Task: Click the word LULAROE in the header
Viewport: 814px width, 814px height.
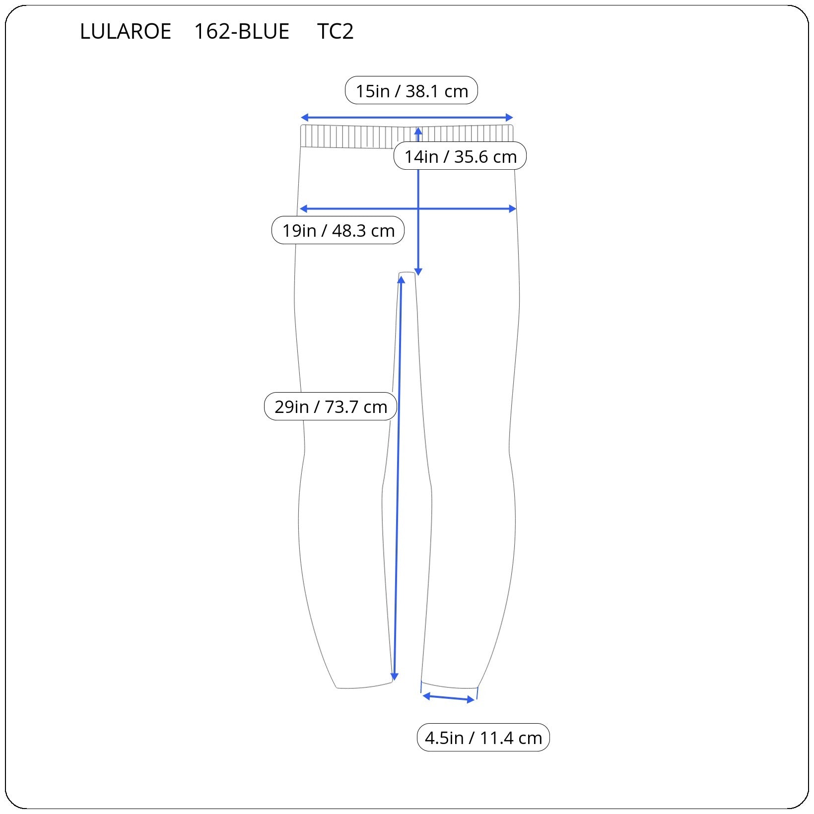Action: pyautogui.click(x=125, y=32)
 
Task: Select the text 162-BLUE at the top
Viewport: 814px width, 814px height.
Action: pyautogui.click(x=241, y=32)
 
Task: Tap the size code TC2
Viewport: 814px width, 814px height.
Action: pyautogui.click(x=335, y=32)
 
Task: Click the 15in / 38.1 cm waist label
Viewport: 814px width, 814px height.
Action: pyautogui.click(x=411, y=91)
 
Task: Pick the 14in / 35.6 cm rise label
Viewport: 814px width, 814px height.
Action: pyautogui.click(x=460, y=156)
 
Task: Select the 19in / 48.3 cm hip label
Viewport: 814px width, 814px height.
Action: pyautogui.click(x=338, y=230)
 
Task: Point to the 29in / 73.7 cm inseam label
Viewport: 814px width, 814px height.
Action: pyautogui.click(x=331, y=407)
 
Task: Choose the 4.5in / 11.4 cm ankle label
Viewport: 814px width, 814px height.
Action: pyautogui.click(x=483, y=738)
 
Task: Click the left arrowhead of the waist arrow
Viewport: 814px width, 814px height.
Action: pyautogui.click(x=304, y=118)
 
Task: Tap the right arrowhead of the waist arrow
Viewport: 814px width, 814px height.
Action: pyautogui.click(x=509, y=118)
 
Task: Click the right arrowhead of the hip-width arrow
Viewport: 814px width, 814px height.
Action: pyautogui.click(x=513, y=209)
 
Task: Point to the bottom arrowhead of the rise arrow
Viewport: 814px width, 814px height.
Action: pyautogui.click(x=418, y=271)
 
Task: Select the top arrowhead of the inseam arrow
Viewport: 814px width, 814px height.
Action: pyautogui.click(x=401, y=279)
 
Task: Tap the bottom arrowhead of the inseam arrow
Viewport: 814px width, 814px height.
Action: pyautogui.click(x=395, y=677)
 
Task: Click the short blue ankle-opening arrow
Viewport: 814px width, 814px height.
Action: pyautogui.click(x=449, y=698)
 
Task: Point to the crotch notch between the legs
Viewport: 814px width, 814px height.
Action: pyautogui.click(x=407, y=273)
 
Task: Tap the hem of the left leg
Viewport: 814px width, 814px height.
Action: pyautogui.click(x=364, y=686)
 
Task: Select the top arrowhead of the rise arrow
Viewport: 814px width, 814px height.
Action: pyautogui.click(x=418, y=131)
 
